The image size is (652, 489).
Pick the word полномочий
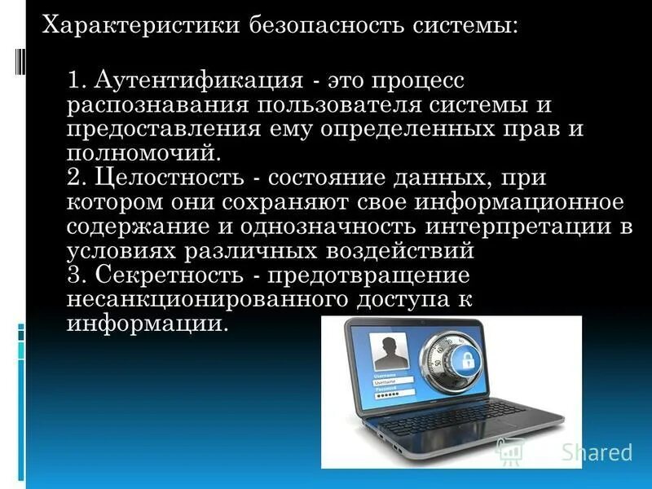[x=144, y=152]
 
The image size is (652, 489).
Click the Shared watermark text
[x=598, y=452]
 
